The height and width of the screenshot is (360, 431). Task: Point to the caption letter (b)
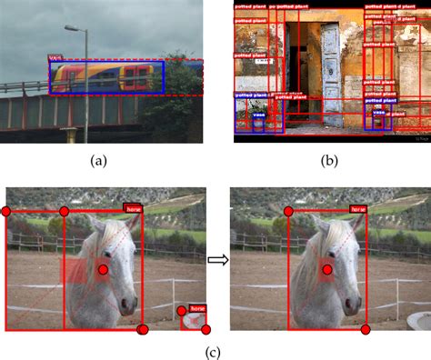[x=330, y=161]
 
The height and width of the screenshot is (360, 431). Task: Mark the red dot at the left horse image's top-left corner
[x=5, y=212]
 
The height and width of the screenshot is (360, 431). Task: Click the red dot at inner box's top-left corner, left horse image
[x=64, y=212]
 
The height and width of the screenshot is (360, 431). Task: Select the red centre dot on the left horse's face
[x=103, y=270]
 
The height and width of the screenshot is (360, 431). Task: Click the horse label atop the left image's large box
[x=134, y=208]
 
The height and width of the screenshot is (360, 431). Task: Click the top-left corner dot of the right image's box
[x=289, y=212]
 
